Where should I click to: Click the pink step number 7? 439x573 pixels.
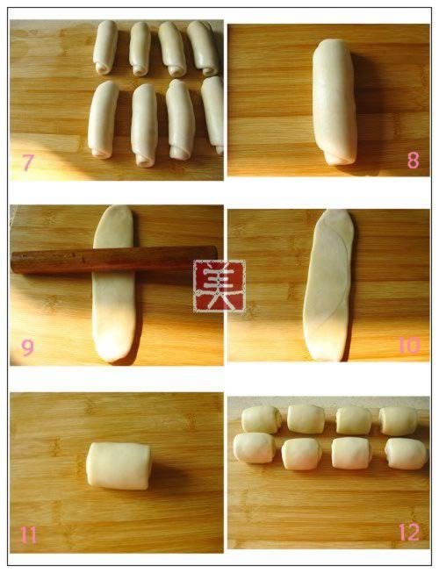point(28,161)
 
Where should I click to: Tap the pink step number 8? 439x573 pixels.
point(414,160)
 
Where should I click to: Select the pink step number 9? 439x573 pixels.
point(27,347)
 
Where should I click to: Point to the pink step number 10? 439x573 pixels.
point(409,345)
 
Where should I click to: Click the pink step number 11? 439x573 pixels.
point(28,535)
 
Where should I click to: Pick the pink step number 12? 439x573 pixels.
point(409,532)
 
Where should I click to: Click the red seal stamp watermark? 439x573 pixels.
point(219,286)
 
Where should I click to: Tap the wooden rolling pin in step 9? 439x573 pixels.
point(113,259)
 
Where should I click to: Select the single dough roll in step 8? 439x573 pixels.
point(335,102)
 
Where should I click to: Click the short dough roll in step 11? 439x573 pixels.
point(119,466)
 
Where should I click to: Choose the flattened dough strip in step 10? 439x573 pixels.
point(327,285)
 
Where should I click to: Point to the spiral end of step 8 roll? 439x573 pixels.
point(339,158)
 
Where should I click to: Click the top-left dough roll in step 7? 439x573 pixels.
point(105,47)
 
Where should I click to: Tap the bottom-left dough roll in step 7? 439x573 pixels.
point(103,119)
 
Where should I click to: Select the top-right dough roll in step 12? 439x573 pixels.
point(398,420)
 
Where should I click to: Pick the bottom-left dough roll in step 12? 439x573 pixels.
point(255,448)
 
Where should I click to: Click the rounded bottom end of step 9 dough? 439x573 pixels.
point(112,352)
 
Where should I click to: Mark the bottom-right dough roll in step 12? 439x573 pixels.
point(407,454)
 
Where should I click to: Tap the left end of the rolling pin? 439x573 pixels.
point(14,262)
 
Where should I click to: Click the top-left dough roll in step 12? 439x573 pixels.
point(262,419)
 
